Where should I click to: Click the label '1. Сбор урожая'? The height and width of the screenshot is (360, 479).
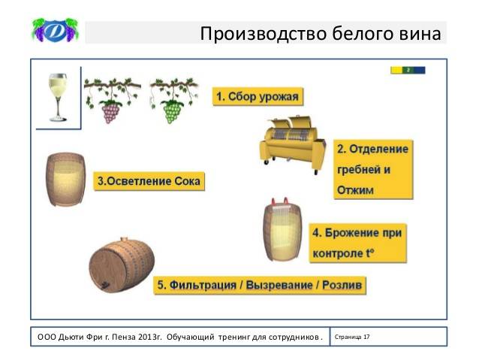pos(258,97)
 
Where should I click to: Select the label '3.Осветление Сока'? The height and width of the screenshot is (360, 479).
pos(149,182)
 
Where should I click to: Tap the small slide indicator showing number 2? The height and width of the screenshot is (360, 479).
pos(408,70)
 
